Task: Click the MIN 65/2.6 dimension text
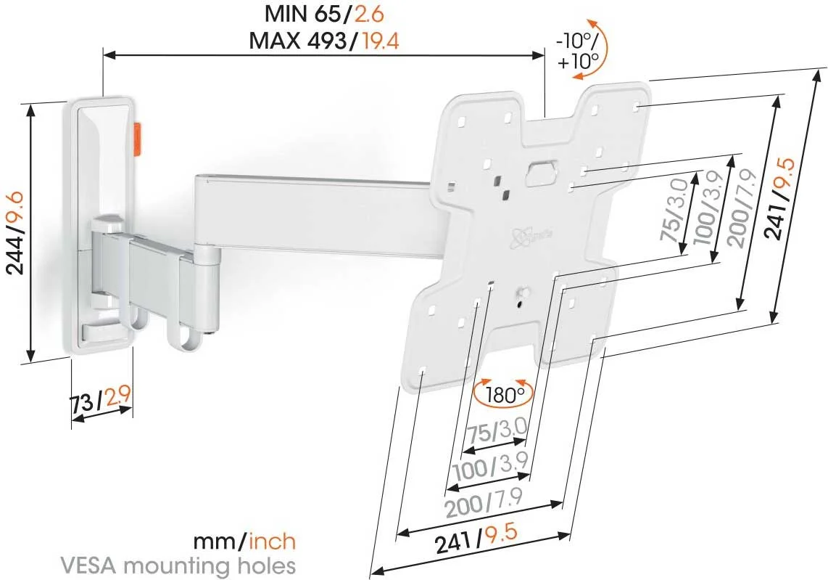(324, 14)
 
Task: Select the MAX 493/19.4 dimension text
(323, 40)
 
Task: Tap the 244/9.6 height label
(15, 233)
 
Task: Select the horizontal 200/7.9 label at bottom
(484, 502)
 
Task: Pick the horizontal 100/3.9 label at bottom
(491, 466)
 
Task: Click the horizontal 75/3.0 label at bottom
(497, 433)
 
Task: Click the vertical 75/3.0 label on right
(675, 209)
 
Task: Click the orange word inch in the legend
(272, 542)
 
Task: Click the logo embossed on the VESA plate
(531, 235)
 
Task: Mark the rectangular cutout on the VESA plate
(539, 173)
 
